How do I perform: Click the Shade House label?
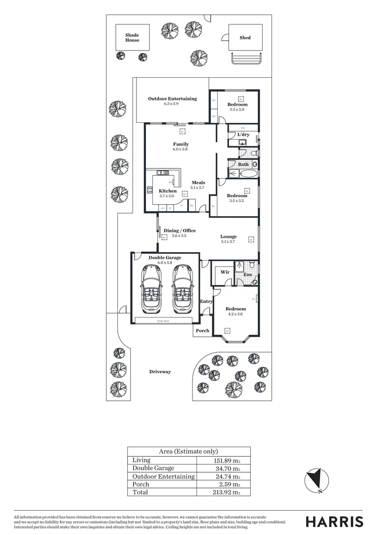pyautogui.click(x=132, y=38)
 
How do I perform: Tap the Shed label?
pyautogui.click(x=245, y=38)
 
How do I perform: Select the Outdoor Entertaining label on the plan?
pyautogui.click(x=172, y=99)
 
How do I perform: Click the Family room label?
pyautogui.click(x=181, y=144)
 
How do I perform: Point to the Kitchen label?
pyautogui.click(x=167, y=191)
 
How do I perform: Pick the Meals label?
pyautogui.click(x=198, y=182)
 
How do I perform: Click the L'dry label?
pyautogui.click(x=243, y=135)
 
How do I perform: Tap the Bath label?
pyautogui.click(x=243, y=164)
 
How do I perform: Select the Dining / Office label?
pyautogui.click(x=180, y=230)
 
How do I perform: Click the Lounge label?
pyautogui.click(x=228, y=237)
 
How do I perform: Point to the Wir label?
pyautogui.click(x=225, y=272)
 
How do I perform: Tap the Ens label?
pyautogui.click(x=247, y=274)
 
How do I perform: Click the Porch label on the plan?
pyautogui.click(x=202, y=330)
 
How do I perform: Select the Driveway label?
pyautogui.click(x=160, y=372)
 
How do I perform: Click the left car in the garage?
pyautogui.click(x=151, y=290)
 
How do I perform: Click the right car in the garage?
pyautogui.click(x=182, y=290)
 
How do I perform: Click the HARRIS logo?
pyautogui.click(x=334, y=522)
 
